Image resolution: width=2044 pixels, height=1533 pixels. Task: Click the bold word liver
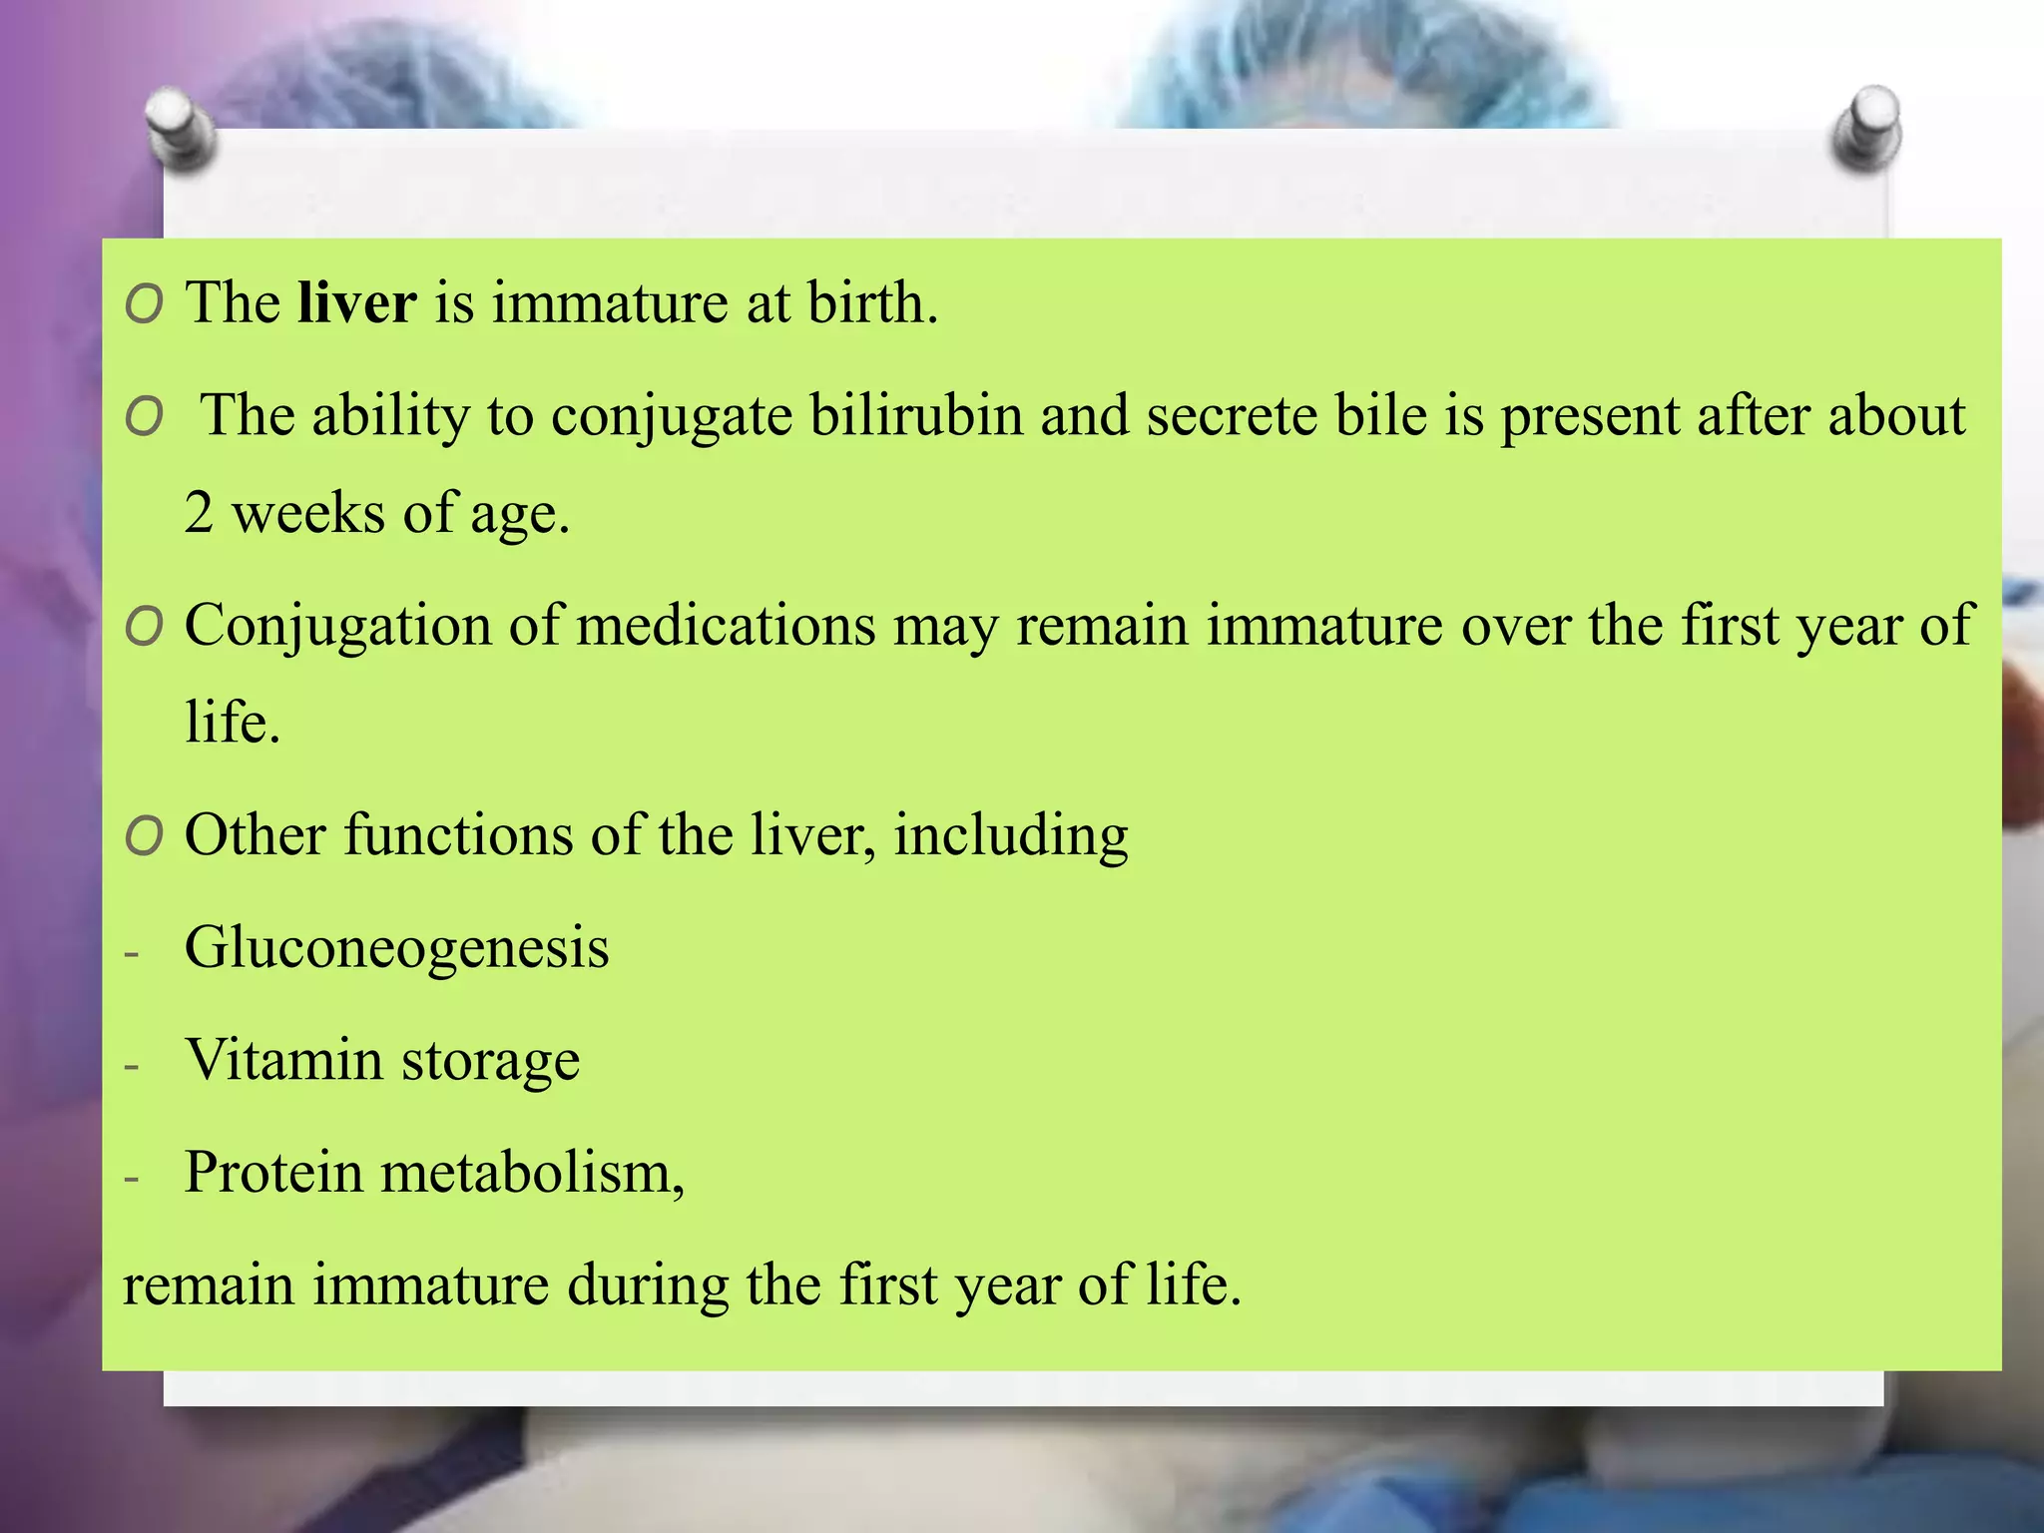point(356,302)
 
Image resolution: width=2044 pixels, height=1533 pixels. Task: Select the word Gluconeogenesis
point(396,947)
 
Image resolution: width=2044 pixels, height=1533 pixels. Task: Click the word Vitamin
point(283,1059)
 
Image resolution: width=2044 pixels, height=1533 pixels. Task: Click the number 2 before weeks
point(199,513)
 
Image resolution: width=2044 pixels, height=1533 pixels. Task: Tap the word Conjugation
point(338,626)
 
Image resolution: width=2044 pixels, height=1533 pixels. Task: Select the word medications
point(726,626)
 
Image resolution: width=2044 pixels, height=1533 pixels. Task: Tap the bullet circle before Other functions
point(145,836)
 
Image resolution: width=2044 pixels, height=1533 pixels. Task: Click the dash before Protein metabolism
point(132,1179)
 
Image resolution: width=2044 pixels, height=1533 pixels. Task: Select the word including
point(1010,836)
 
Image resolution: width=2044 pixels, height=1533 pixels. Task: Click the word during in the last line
point(647,1284)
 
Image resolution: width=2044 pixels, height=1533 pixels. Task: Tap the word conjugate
point(672,417)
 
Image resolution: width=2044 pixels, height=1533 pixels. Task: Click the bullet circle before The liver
point(145,304)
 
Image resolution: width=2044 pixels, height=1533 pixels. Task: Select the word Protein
point(272,1172)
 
